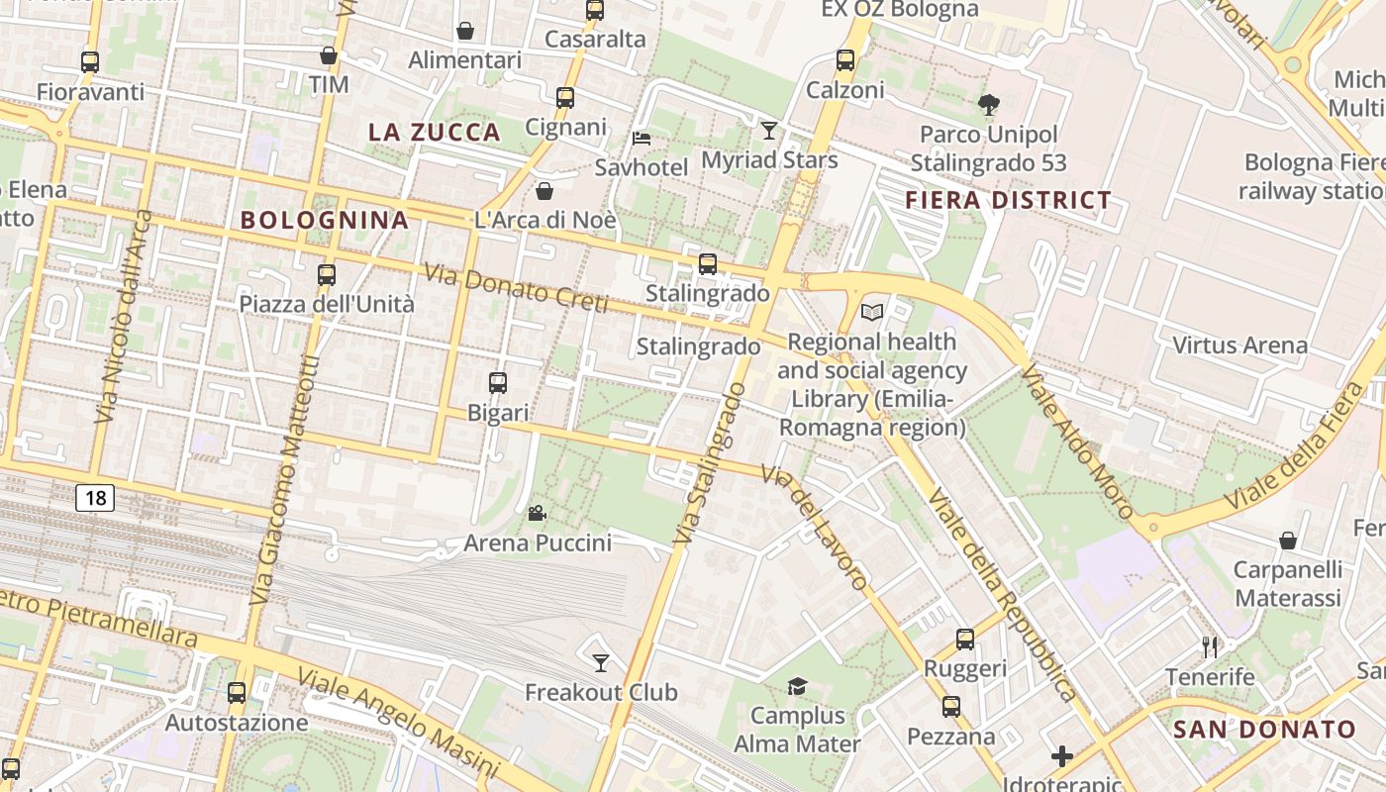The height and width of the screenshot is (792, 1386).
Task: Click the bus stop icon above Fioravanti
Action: (x=90, y=62)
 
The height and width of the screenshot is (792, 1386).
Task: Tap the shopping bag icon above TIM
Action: (x=329, y=55)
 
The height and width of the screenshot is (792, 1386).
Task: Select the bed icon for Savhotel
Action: (x=642, y=138)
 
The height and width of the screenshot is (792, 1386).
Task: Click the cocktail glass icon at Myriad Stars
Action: (x=769, y=130)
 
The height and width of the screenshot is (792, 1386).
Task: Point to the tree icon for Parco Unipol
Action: (x=988, y=104)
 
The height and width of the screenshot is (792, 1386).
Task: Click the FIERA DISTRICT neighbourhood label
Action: (x=1009, y=200)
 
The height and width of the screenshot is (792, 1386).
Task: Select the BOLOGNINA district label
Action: (x=325, y=220)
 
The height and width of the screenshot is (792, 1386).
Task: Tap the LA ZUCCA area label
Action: (x=435, y=132)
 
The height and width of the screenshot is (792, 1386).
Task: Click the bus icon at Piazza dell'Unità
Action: (x=327, y=275)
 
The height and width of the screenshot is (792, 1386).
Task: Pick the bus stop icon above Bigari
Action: (x=498, y=383)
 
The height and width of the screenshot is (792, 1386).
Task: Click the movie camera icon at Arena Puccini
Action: (x=537, y=513)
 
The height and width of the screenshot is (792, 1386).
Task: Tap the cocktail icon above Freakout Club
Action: (x=601, y=662)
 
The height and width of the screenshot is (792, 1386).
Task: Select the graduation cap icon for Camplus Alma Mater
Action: (x=797, y=686)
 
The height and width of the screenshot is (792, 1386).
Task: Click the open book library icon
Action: (x=871, y=313)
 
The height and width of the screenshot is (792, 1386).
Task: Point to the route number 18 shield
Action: (x=95, y=497)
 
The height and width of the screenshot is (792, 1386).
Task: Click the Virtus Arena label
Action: (x=1239, y=346)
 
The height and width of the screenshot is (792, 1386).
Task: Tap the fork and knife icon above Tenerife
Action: (x=1210, y=647)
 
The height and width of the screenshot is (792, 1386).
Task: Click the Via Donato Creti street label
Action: (x=516, y=288)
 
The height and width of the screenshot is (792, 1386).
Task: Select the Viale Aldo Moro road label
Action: (x=1077, y=442)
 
